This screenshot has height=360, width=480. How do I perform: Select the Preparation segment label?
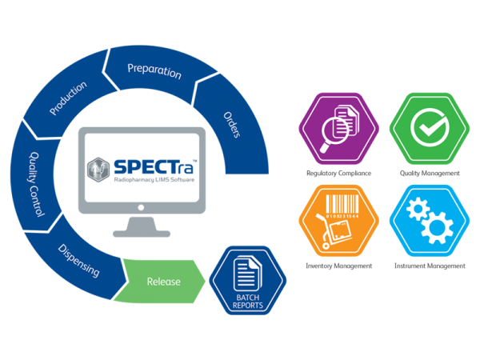point(154,71)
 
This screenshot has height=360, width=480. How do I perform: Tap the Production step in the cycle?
point(68,98)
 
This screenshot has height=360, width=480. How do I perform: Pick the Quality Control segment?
point(36,184)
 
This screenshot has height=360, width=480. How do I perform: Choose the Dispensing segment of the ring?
point(79,261)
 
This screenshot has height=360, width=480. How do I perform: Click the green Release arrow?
point(160,282)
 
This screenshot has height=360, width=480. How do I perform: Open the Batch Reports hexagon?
point(248,281)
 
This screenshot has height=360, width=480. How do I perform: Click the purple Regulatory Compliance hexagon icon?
point(339,129)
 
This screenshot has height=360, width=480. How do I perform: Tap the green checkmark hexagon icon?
point(430,129)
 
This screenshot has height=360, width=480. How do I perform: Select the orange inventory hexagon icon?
point(339,221)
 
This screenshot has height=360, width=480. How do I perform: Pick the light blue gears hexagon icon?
point(430,221)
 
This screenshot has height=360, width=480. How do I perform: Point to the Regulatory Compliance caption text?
point(339,174)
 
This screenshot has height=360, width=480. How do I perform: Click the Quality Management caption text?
point(430,174)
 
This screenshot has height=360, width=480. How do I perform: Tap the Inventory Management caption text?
point(339,266)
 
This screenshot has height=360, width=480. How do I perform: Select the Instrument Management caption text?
point(430,266)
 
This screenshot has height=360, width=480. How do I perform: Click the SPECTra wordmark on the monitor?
point(154,167)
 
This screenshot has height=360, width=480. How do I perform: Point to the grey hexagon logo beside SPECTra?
point(98,170)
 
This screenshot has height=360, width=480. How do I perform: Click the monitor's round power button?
point(141,207)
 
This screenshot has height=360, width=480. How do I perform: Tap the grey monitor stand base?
point(142,234)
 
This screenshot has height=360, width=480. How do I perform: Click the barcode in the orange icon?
point(342,205)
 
